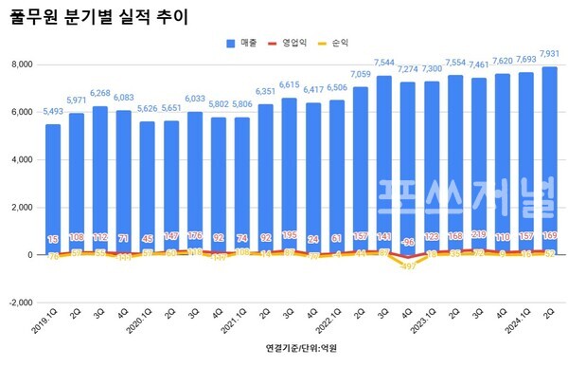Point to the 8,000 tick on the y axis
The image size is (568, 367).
click(21, 64)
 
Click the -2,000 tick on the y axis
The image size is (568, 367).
click(19, 303)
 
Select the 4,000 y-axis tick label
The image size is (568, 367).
click(21, 159)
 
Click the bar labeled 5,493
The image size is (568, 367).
click(53, 190)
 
